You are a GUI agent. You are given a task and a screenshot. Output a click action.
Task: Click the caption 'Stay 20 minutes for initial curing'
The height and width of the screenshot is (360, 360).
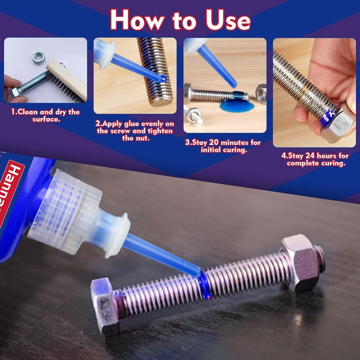pos(224,146)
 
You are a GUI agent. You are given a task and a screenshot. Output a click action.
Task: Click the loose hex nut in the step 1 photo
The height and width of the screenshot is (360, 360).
pos(38,56)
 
